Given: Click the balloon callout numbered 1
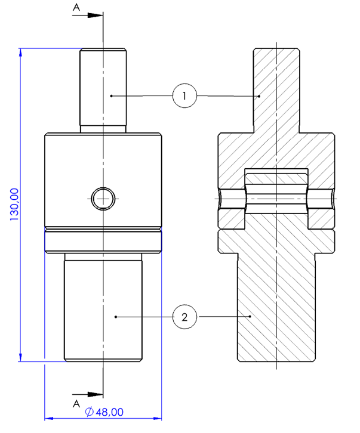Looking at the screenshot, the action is [x=184, y=95].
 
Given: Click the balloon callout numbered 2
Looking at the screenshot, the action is [x=184, y=317].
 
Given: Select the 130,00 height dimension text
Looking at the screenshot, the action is [x=14, y=205].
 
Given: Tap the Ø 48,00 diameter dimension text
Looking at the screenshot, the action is [x=104, y=412].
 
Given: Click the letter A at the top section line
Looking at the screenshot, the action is [x=76, y=7].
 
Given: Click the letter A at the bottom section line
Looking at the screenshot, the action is [x=76, y=404].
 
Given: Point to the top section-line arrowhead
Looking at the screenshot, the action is [x=95, y=15].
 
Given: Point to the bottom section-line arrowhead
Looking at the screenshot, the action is [x=95, y=394].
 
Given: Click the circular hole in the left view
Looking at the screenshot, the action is [x=103, y=199].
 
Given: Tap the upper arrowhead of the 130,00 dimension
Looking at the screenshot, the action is [x=20, y=52].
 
